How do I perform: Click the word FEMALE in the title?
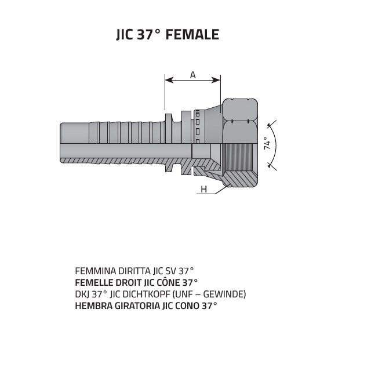click(192, 34)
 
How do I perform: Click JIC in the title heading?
click(125, 35)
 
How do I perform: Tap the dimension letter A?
click(193, 75)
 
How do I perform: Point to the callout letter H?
click(203, 190)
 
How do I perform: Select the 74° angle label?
click(267, 143)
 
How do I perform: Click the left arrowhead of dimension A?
click(169, 80)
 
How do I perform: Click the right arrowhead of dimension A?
click(216, 80)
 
